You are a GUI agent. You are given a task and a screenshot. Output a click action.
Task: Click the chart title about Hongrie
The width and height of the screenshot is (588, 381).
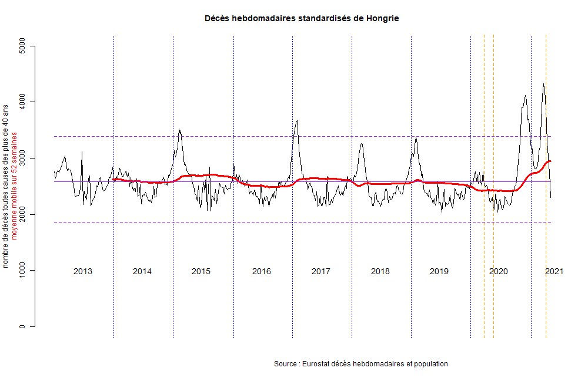tap(302, 18)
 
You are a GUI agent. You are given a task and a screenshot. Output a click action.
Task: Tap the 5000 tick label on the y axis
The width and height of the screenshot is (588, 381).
tap(24, 46)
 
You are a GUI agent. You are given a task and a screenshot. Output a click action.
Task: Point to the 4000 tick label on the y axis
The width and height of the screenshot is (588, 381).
tap(24, 102)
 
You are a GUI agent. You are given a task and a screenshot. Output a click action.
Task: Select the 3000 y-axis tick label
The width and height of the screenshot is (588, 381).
tap(24, 159)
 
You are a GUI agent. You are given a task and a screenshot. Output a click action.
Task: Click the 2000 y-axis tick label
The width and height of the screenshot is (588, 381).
tap(24, 214)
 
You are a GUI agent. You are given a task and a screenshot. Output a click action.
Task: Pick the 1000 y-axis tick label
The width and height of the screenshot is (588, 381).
tap(24, 271)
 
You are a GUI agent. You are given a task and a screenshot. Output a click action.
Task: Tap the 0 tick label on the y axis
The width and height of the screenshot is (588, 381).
tap(24, 326)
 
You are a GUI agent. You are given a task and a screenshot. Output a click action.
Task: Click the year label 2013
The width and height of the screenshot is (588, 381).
tap(82, 271)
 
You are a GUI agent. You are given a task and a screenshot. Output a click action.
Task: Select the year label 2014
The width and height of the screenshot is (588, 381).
tap(142, 271)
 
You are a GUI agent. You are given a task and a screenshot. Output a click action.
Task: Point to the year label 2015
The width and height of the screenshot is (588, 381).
tap(201, 271)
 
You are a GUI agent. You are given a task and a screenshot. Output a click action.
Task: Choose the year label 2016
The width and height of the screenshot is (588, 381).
tap(261, 271)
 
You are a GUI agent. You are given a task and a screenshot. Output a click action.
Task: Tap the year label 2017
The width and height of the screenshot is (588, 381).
tap(320, 271)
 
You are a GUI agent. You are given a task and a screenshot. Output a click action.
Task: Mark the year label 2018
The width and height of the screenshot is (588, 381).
tap(380, 271)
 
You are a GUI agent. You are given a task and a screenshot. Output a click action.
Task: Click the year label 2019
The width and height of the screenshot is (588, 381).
tap(439, 271)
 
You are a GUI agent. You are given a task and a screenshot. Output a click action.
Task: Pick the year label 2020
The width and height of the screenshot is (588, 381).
tap(499, 271)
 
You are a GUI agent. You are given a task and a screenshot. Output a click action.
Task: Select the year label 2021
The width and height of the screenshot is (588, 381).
tap(554, 271)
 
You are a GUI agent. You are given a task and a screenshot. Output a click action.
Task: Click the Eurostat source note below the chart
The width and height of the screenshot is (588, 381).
tap(361, 364)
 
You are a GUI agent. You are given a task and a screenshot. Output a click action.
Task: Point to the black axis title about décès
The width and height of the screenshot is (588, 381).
tap(6, 186)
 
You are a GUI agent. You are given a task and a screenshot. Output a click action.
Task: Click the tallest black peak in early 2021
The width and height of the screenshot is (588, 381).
tap(544, 84)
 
